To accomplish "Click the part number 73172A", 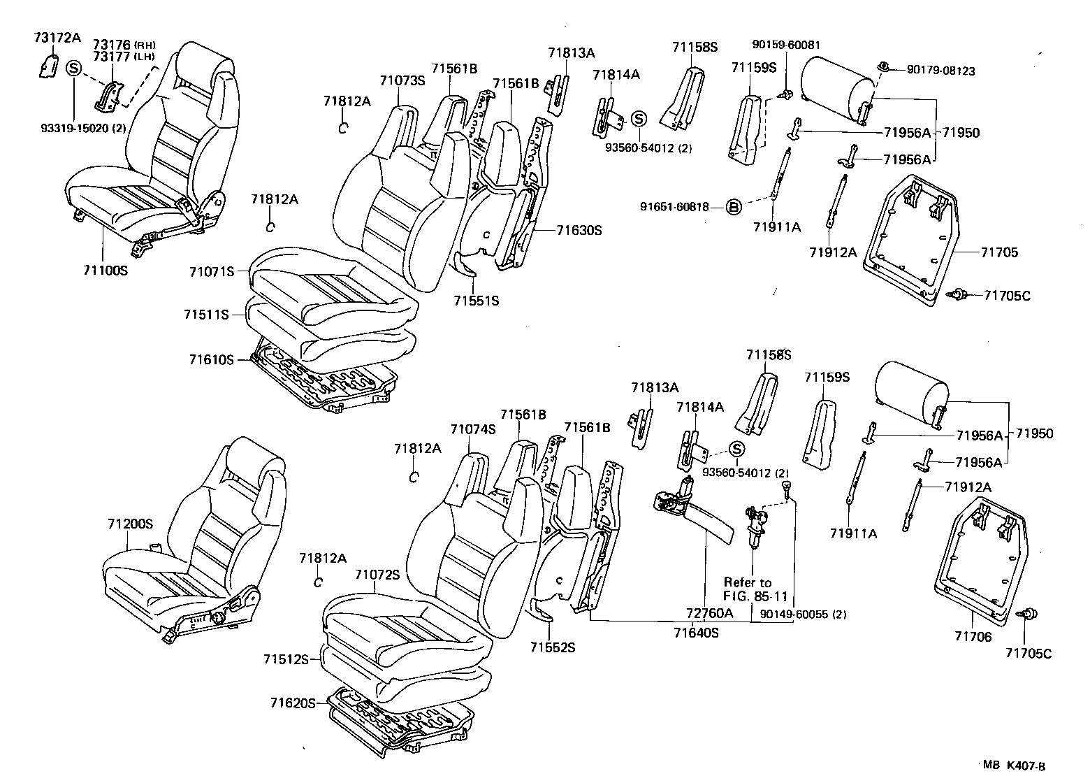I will click(x=57, y=38).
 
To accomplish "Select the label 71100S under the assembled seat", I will click(x=103, y=268).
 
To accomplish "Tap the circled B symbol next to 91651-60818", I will click(x=733, y=207).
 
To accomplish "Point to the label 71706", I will click(x=973, y=637).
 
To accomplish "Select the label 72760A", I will click(x=709, y=613).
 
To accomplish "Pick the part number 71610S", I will click(x=210, y=359).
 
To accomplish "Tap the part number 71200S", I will click(x=130, y=524).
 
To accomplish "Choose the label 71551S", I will click(x=476, y=301).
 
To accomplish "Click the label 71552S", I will click(x=552, y=647).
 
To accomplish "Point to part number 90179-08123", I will click(x=940, y=71).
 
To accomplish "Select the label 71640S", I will click(x=696, y=633).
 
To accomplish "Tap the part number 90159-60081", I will click(x=786, y=45).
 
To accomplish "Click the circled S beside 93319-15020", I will click(x=74, y=69).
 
